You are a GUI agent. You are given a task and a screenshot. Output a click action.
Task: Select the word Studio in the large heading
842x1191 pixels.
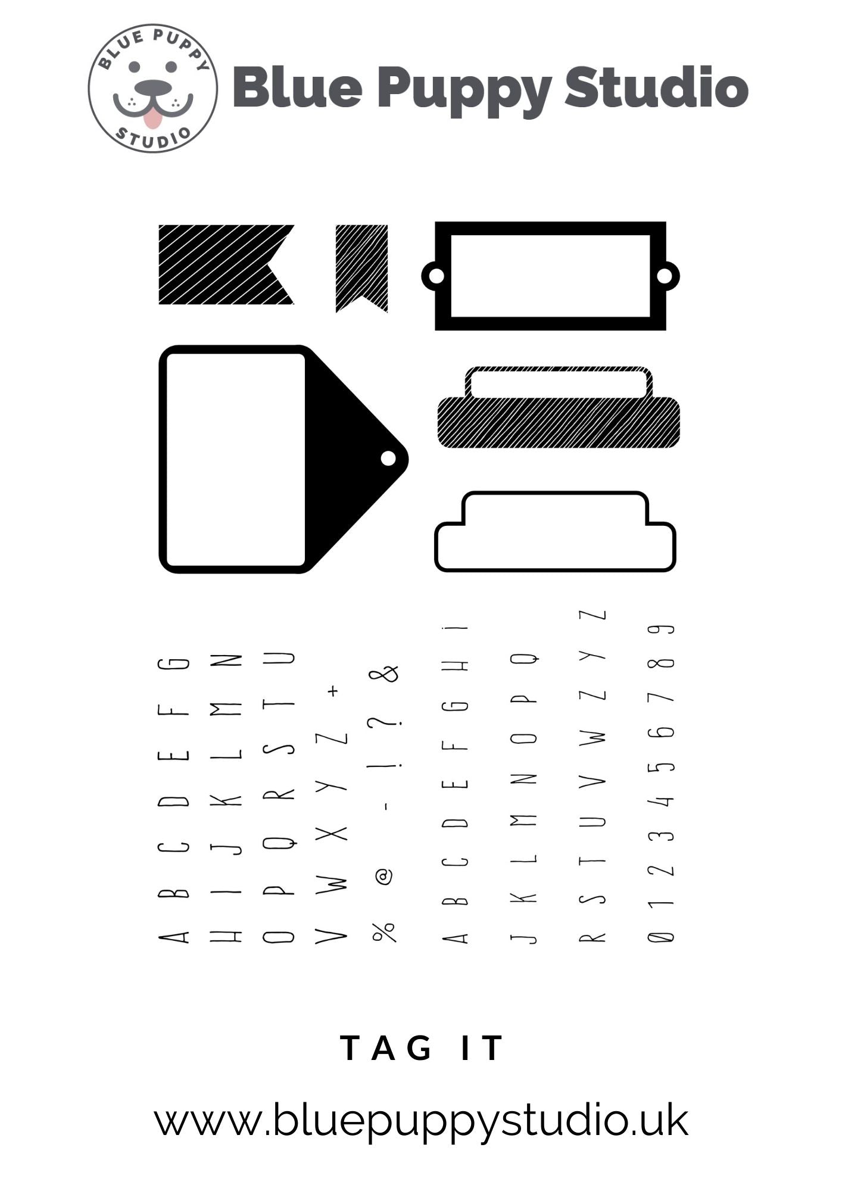(x=656, y=88)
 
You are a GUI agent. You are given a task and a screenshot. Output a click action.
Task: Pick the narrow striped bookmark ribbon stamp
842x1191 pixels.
(x=361, y=266)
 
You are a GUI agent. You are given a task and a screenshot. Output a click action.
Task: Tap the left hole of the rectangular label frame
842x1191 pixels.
(x=436, y=276)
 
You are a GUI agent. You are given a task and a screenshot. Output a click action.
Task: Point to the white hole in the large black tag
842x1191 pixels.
(x=388, y=458)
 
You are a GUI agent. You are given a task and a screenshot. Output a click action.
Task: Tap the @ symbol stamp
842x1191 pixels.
(x=384, y=876)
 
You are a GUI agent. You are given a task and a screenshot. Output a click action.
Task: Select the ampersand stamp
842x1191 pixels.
(x=384, y=674)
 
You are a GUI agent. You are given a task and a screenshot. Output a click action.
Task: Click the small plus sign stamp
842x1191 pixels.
(x=333, y=691)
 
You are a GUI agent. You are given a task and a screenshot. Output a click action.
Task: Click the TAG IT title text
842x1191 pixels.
(x=422, y=1048)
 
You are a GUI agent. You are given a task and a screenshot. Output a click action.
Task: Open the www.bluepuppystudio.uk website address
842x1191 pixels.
(x=421, y=1121)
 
